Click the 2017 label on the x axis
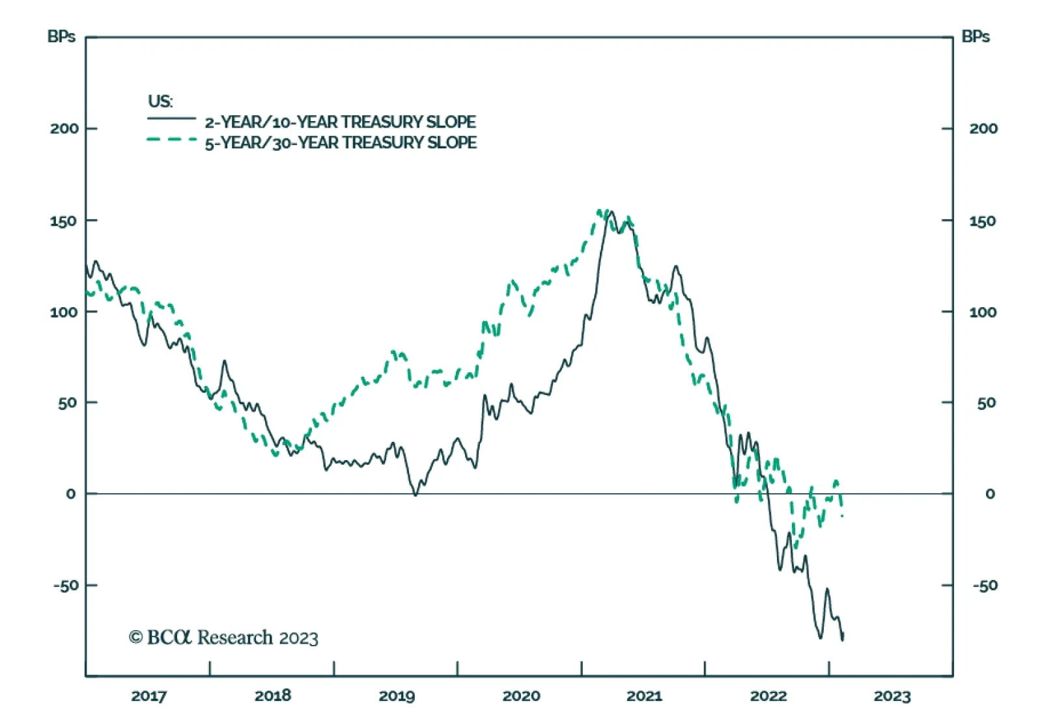click(x=148, y=696)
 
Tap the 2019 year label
click(x=397, y=696)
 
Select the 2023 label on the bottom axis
click(x=892, y=696)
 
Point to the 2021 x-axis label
click(x=644, y=696)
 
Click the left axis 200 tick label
click(x=64, y=128)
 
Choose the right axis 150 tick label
click(x=982, y=221)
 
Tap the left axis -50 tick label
click(x=65, y=585)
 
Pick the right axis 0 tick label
click(x=990, y=494)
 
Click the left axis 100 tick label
click(x=64, y=312)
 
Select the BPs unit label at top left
click(x=61, y=36)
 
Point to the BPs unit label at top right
click(x=975, y=36)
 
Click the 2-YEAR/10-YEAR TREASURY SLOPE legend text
click(x=340, y=122)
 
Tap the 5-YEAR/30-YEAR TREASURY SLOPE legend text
click(x=341, y=143)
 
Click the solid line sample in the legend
click(x=171, y=118)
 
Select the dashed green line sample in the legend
click(x=171, y=139)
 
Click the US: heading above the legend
click(x=160, y=101)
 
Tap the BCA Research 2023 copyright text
click(x=223, y=637)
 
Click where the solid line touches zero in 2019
click(x=415, y=495)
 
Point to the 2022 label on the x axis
click(x=768, y=696)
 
